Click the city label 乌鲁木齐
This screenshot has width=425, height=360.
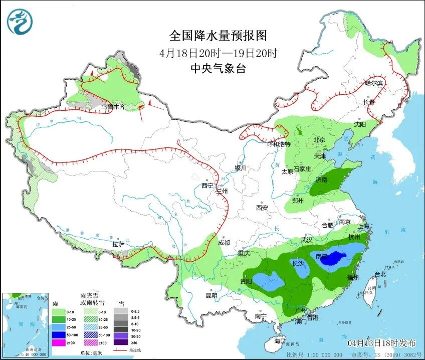pos(113,106)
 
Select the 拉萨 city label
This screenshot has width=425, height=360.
pos(118,244)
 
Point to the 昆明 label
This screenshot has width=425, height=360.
pos(211,296)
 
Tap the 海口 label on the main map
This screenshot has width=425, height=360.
pos(280,341)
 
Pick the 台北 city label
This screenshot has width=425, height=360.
pos(380,274)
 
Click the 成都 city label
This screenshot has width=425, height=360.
pos(224,243)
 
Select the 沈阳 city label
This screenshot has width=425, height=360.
pos(359,124)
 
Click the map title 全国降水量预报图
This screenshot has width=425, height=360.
pos(218,36)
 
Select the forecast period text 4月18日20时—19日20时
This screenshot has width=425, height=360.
pos(218,53)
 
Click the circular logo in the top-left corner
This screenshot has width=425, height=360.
pos(20,23)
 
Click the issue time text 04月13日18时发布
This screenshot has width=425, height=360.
pos(381,343)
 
